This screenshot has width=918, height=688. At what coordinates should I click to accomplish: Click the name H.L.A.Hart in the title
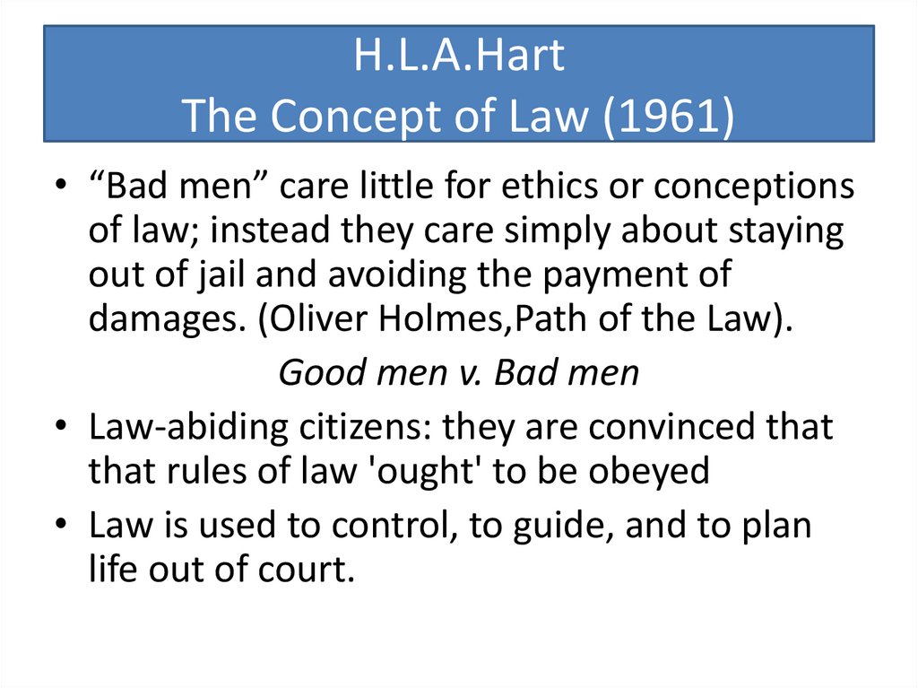pyautogui.click(x=459, y=57)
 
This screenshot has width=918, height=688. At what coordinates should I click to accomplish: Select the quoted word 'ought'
pyautogui.click(x=420, y=471)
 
